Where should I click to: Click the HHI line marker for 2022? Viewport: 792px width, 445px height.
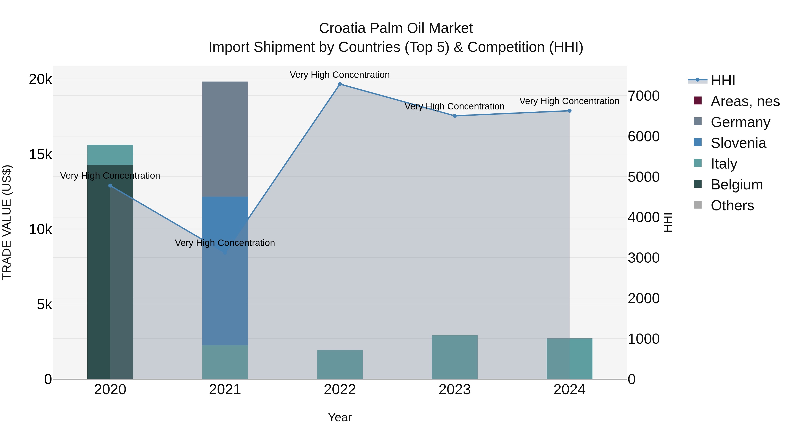point(340,84)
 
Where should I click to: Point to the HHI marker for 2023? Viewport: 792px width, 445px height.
point(455,116)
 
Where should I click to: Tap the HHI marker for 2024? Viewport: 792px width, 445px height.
point(569,111)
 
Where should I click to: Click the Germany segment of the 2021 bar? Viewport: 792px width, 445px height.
point(225,139)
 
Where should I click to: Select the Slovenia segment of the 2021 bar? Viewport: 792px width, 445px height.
point(225,270)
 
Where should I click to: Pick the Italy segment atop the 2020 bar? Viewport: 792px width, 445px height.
point(110,155)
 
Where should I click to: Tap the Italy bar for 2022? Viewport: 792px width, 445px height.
point(340,365)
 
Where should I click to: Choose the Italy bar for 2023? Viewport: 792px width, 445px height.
point(455,357)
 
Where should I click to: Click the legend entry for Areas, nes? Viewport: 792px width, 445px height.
point(745,101)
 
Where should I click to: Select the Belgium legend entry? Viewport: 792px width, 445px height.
point(736,185)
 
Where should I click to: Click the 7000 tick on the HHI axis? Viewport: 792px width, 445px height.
point(643,96)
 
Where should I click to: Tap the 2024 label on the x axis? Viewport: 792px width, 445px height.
point(569,390)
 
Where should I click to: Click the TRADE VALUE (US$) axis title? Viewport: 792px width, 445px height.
point(7,222)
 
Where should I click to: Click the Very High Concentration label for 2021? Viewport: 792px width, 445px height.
point(225,243)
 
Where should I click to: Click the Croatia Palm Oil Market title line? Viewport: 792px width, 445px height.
point(396,28)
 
